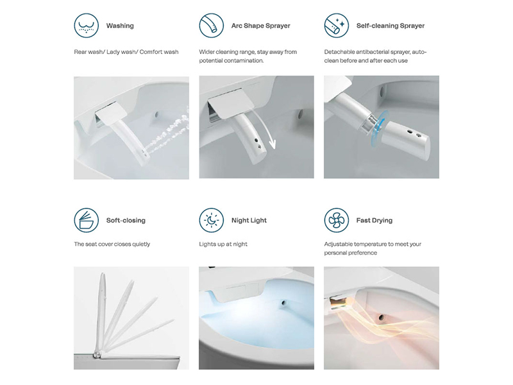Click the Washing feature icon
[x=87, y=26]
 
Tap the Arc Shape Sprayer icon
[x=212, y=26]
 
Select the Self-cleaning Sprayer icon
[x=336, y=26]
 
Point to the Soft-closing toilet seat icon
[x=87, y=220]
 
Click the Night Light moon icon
[x=212, y=220]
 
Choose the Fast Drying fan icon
[x=336, y=220]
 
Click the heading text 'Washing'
[x=120, y=26]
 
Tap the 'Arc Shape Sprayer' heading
[x=261, y=26]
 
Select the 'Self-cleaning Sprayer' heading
[x=391, y=26]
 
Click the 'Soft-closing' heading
[x=126, y=220]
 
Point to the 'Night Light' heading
[x=249, y=220]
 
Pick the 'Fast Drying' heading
[x=374, y=220]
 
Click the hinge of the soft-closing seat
[x=97, y=355]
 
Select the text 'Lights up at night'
[x=223, y=244]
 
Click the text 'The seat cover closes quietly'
[x=112, y=244]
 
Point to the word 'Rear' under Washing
[x=80, y=52]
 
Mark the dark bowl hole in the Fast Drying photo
[x=381, y=317]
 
